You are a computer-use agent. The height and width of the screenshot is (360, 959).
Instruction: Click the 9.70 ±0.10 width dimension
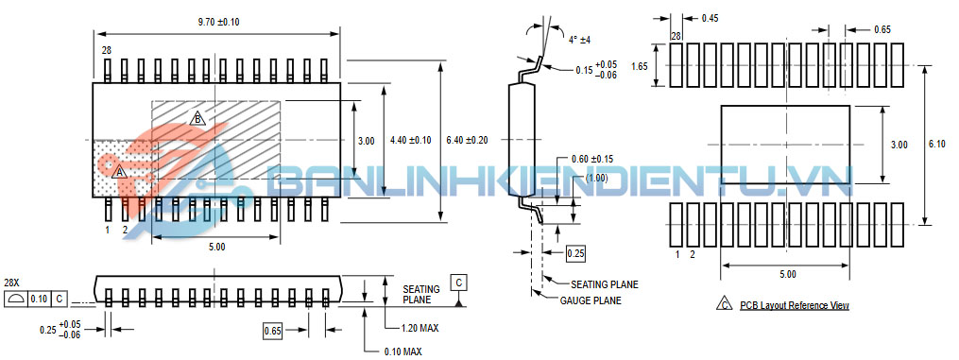(218, 22)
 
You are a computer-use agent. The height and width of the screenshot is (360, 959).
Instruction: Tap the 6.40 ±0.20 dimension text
(468, 141)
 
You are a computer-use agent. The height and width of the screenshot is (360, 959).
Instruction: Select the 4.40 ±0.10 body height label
(410, 141)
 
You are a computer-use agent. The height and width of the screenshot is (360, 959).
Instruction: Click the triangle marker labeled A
(120, 172)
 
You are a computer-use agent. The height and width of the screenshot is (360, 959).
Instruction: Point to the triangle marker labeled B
(197, 119)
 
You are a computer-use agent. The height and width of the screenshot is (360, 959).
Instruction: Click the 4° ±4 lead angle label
(579, 40)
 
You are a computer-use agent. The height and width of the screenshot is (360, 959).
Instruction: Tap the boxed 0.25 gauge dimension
(574, 252)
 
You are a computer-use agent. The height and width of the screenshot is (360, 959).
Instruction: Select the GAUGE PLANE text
(591, 300)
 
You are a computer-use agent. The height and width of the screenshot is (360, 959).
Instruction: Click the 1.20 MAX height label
(420, 329)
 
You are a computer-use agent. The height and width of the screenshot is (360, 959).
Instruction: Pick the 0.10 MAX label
(402, 352)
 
